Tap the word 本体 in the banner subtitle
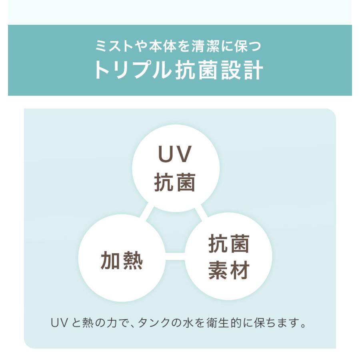162,46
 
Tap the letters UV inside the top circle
175,154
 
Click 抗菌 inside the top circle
175,182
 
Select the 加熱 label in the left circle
122,260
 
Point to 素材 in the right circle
229,270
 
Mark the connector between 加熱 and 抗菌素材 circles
175,256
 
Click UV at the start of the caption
59,322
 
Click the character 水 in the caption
188,322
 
